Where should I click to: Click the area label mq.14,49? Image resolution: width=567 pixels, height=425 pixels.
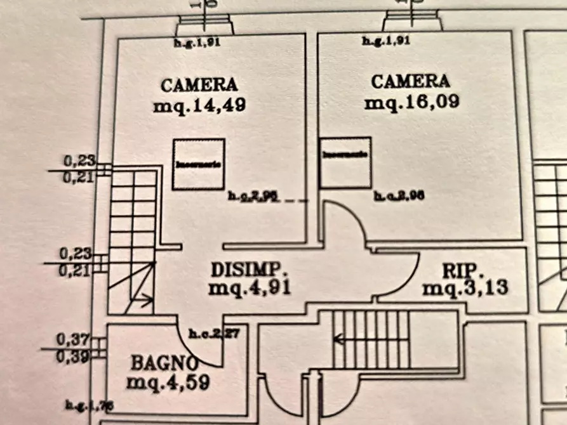[x=199, y=105]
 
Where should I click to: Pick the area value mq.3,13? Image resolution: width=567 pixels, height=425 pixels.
[x=465, y=289]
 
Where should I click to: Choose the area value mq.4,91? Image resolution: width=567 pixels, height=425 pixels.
[x=249, y=287]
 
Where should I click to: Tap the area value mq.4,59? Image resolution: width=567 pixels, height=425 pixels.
[x=168, y=383]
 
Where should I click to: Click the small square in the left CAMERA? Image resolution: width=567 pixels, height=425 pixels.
[x=199, y=164]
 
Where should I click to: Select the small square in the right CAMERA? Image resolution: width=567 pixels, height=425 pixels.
[x=345, y=162]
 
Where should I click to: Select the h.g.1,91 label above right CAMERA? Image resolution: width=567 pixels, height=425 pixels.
[x=386, y=41]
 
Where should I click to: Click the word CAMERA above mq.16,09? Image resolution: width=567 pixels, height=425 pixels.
[x=410, y=82]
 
